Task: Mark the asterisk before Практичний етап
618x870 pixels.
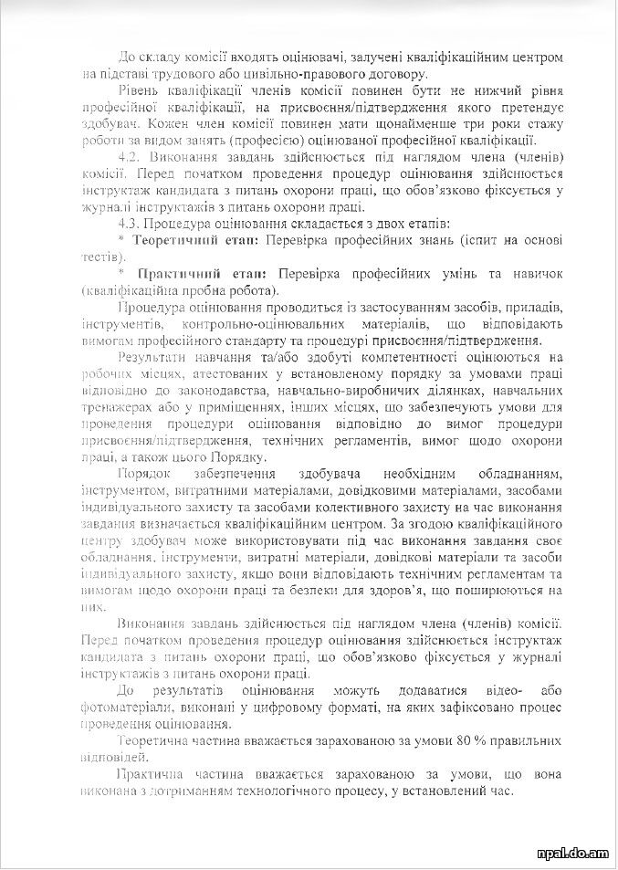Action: click(x=120, y=274)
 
